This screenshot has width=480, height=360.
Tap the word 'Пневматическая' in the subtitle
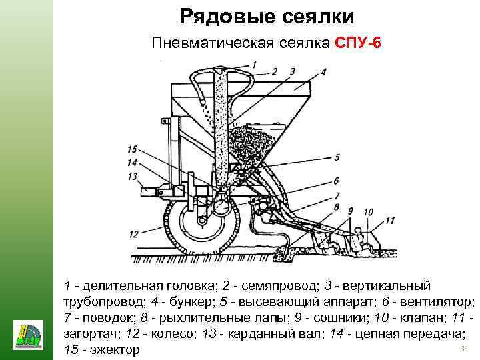pyautogui.click(x=198, y=44)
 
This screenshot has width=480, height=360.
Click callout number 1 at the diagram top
pyautogui.click(x=253, y=64)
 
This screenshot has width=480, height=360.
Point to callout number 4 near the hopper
pyautogui.click(x=323, y=71)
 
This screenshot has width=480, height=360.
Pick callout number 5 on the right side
pyautogui.click(x=337, y=157)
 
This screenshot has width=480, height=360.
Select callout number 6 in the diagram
pyautogui.click(x=337, y=180)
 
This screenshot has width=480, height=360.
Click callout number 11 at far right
pyautogui.click(x=390, y=220)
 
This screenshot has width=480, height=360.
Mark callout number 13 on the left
pyautogui.click(x=133, y=176)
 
